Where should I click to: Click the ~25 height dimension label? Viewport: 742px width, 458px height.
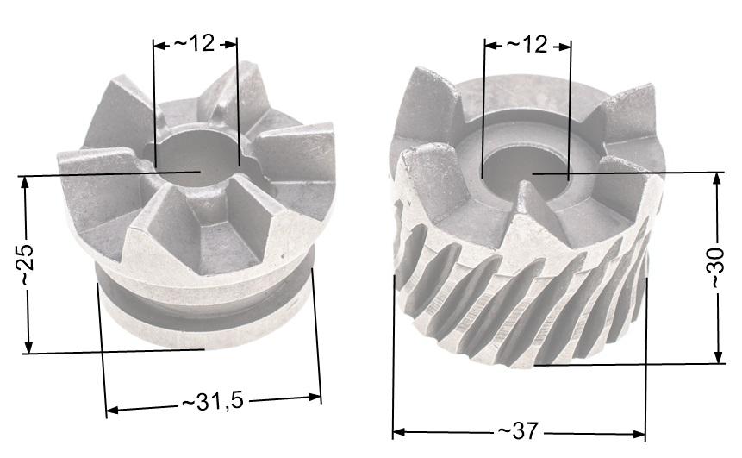click(x=26, y=265)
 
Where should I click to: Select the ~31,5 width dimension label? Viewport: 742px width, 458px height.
click(x=213, y=402)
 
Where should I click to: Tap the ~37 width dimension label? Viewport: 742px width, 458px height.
click(x=518, y=430)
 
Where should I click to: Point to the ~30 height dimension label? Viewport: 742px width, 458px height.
click(x=716, y=267)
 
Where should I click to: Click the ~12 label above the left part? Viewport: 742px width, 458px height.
click(x=195, y=43)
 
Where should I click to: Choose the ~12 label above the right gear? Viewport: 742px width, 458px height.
click(x=527, y=45)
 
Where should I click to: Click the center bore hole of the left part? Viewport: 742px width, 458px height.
click(x=198, y=159)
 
